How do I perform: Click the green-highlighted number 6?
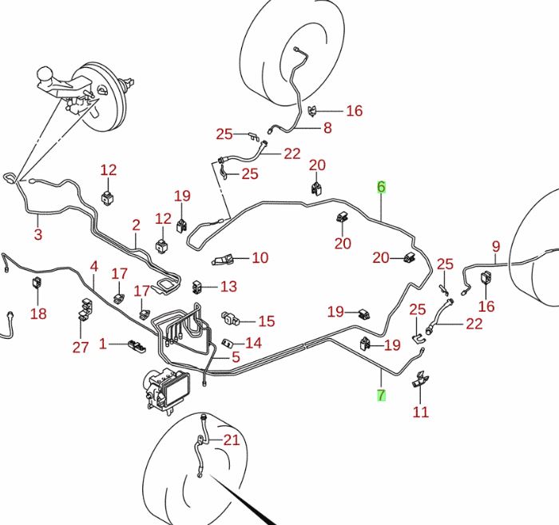(381, 186)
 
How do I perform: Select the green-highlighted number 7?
(381, 395)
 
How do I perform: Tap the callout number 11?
(420, 412)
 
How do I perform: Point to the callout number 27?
(80, 347)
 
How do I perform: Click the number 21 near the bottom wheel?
(232, 439)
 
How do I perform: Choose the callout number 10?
(260, 257)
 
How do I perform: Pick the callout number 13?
(228, 286)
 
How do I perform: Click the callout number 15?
(266, 321)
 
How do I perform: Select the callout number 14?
(253, 343)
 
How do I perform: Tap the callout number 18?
(38, 314)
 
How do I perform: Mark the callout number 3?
(38, 234)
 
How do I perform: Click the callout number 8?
(327, 128)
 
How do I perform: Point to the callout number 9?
(496, 246)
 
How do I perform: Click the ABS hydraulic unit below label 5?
(167, 391)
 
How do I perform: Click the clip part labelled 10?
(223, 260)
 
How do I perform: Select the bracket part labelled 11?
(421, 380)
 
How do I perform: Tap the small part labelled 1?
(137, 345)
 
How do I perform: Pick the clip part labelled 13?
(197, 287)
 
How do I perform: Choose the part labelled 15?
(228, 317)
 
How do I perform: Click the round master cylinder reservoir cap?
(46, 74)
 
